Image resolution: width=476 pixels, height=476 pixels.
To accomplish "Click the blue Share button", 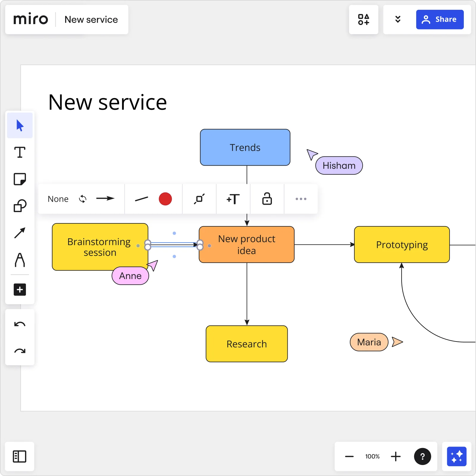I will click(x=439, y=19).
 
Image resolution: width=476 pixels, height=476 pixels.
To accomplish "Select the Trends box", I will click(x=245, y=147).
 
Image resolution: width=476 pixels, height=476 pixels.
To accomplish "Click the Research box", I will click(x=246, y=344).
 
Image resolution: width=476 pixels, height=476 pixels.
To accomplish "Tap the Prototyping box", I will click(x=402, y=245).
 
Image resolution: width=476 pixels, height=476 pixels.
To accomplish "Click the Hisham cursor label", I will click(x=339, y=165).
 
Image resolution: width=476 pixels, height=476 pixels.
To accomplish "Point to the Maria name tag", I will click(x=369, y=342).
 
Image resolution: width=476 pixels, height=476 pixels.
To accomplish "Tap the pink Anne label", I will click(x=130, y=276).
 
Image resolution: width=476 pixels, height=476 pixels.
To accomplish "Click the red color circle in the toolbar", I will click(x=165, y=199).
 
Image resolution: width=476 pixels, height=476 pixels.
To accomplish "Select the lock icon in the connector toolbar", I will click(x=267, y=199).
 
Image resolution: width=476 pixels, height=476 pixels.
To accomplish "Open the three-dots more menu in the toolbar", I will click(x=301, y=199).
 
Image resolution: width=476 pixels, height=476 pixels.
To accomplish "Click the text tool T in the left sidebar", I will click(x=20, y=152).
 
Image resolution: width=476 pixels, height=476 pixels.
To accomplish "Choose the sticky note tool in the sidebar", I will click(x=20, y=179).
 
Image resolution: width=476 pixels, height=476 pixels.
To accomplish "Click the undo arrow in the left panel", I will click(x=20, y=324).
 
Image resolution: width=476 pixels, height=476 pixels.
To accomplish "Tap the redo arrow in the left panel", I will click(x=20, y=351).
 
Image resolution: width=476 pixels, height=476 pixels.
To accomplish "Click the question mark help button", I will click(x=422, y=456).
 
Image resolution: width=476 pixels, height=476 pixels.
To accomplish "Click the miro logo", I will click(x=31, y=19).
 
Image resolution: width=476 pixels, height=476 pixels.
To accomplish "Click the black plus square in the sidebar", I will click(x=20, y=289).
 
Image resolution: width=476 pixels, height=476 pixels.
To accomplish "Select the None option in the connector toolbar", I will click(x=58, y=199).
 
